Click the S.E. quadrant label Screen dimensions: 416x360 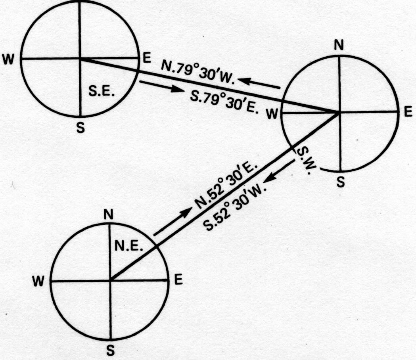pyautogui.click(x=102, y=92)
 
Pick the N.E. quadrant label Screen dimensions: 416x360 pyautogui.click(x=128, y=247)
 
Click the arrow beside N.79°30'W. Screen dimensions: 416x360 pyautogui.click(x=259, y=83)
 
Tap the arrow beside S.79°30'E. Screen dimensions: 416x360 pyautogui.click(x=161, y=86)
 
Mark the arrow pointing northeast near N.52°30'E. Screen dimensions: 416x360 pyautogui.click(x=173, y=221)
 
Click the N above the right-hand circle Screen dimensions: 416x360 pyautogui.click(x=339, y=45)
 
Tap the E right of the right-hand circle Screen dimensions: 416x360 pyautogui.click(x=408, y=111)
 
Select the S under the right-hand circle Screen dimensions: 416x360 pyautogui.click(x=341, y=182)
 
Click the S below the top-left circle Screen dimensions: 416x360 pyautogui.click(x=81, y=128)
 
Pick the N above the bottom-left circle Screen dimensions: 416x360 pyautogui.click(x=109, y=214)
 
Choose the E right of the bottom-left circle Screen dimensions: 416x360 pyautogui.click(x=178, y=280)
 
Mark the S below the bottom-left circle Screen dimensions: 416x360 pyautogui.click(x=110, y=351)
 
